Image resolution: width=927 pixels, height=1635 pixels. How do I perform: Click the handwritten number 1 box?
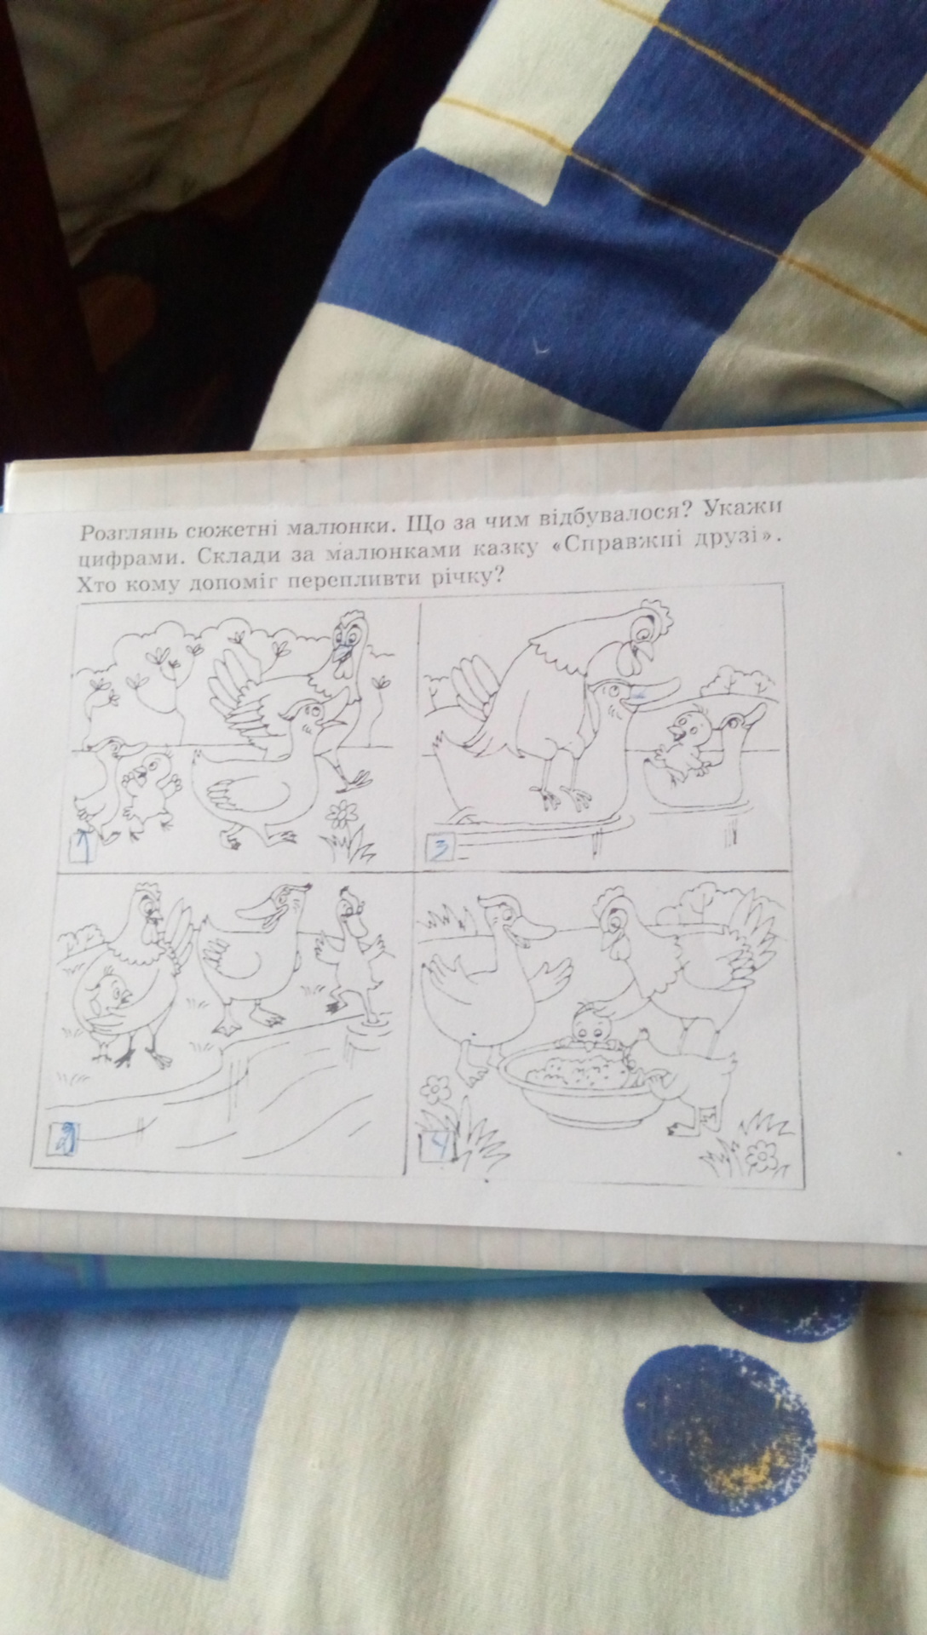83,848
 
